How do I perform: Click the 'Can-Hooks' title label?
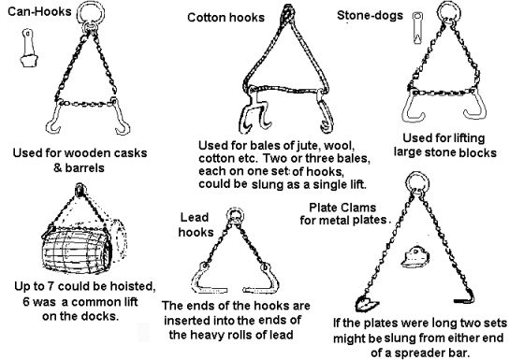(x=39, y=11)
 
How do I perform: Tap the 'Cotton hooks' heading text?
(x=225, y=18)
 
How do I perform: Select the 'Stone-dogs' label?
(x=371, y=15)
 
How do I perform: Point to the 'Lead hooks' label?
(x=196, y=224)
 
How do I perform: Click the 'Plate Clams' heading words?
(x=342, y=208)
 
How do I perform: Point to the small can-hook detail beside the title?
(x=29, y=48)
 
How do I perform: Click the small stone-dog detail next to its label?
(x=417, y=28)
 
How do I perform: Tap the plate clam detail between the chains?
(x=415, y=257)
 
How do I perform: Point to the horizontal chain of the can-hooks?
(x=87, y=104)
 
